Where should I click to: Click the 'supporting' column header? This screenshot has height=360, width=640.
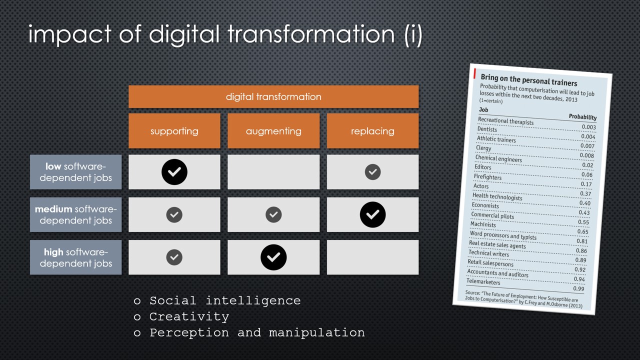click(x=174, y=131)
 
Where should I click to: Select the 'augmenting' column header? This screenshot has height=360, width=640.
click(x=273, y=131)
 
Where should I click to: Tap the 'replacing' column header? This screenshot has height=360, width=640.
click(x=372, y=131)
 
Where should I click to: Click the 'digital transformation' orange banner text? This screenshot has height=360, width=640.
click(x=273, y=97)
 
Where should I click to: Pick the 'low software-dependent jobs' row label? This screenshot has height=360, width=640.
click(x=75, y=172)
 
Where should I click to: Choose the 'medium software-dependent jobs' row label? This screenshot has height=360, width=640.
click(x=75, y=214)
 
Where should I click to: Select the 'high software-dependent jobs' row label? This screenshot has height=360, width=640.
click(x=75, y=257)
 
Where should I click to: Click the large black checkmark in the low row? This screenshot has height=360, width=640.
click(x=174, y=172)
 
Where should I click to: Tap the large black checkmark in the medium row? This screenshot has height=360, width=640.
click(x=372, y=214)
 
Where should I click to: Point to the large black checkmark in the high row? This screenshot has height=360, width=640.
click(x=273, y=257)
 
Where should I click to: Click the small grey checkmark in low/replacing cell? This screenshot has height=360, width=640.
click(x=372, y=172)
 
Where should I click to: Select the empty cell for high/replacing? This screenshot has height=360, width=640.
click(x=372, y=257)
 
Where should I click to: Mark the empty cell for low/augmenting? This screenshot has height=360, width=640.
click(x=273, y=172)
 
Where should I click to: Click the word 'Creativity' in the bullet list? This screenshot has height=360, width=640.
click(x=189, y=317)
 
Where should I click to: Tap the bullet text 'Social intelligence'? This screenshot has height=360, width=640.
click(x=225, y=301)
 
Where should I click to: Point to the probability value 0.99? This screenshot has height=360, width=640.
click(x=578, y=288)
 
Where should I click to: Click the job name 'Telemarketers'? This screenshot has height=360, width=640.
click(x=483, y=281)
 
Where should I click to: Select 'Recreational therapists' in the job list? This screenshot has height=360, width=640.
click(x=505, y=121)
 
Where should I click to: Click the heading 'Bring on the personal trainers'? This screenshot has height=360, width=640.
click(x=529, y=80)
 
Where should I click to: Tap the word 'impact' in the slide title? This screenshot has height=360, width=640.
click(x=69, y=34)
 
